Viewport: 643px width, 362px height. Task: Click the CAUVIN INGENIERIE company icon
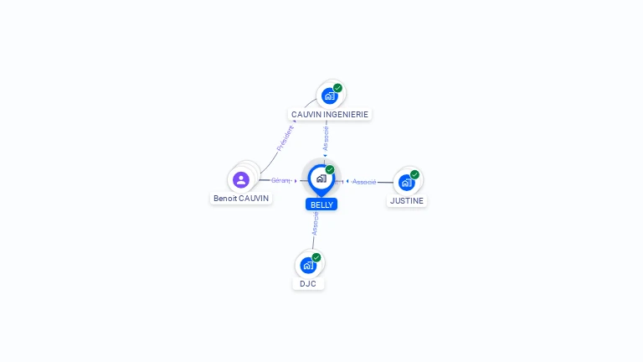pyautogui.click(x=329, y=96)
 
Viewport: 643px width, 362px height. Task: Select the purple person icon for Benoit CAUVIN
pyautogui.click(x=241, y=179)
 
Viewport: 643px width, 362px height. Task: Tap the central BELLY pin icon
pyautogui.click(x=321, y=178)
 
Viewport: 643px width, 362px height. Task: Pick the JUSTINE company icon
pyautogui.click(x=406, y=182)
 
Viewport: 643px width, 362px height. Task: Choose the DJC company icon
pyautogui.click(x=307, y=265)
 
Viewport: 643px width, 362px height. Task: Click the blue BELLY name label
pyautogui.click(x=321, y=204)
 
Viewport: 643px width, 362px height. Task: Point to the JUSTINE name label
pyautogui.click(x=407, y=201)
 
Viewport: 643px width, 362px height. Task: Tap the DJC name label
pyautogui.click(x=308, y=283)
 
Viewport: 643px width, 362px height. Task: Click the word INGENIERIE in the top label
pyautogui.click(x=347, y=114)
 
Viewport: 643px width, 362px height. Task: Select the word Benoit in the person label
pyautogui.click(x=225, y=199)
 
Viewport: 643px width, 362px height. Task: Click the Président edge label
pyautogui.click(x=285, y=137)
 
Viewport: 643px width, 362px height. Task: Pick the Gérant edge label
pyautogui.click(x=280, y=180)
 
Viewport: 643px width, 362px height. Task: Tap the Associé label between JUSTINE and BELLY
pyautogui.click(x=364, y=181)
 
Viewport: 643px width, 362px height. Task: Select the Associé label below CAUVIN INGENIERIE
pyautogui.click(x=326, y=137)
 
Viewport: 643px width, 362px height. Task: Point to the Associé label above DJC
pyautogui.click(x=315, y=222)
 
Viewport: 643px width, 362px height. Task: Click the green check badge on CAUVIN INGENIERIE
pyautogui.click(x=337, y=88)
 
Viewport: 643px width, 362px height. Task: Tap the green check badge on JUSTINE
pyautogui.click(x=414, y=174)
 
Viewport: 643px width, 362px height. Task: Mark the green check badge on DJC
pyautogui.click(x=316, y=257)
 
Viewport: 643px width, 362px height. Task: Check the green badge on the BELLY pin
pyautogui.click(x=330, y=170)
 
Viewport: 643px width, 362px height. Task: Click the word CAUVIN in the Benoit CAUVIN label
pyautogui.click(x=254, y=199)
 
